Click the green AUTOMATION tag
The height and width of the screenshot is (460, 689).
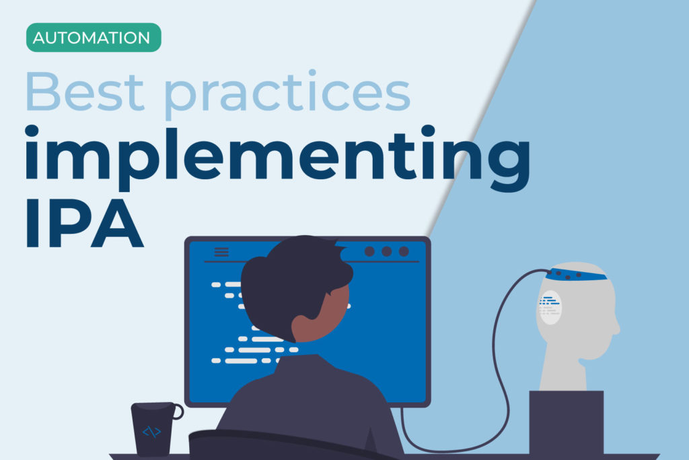pos(94,38)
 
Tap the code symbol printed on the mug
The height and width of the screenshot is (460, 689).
pos(151,432)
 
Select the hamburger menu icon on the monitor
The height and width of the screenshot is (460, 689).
pos(221,252)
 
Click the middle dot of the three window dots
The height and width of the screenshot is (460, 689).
pos(386,251)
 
